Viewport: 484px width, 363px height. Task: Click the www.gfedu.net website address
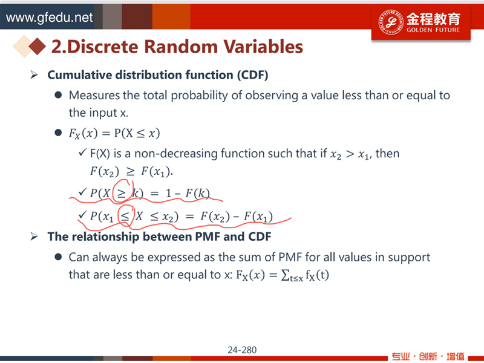49,18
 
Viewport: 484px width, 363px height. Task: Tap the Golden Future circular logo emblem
391,22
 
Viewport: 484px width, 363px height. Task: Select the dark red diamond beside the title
37,47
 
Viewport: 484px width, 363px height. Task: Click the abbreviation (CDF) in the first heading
252,75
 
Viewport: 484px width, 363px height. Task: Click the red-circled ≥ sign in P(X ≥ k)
122,193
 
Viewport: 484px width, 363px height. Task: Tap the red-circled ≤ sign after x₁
125,217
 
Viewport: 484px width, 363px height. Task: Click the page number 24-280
242,350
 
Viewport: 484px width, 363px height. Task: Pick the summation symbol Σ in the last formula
285,275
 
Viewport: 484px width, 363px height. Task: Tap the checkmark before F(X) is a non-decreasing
82,152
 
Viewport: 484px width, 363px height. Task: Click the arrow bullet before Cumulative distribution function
34,74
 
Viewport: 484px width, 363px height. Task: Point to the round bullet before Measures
58,95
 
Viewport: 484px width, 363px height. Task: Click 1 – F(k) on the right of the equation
188,193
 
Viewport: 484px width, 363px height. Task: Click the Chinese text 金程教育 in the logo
433,19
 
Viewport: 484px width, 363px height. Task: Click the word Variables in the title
262,47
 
